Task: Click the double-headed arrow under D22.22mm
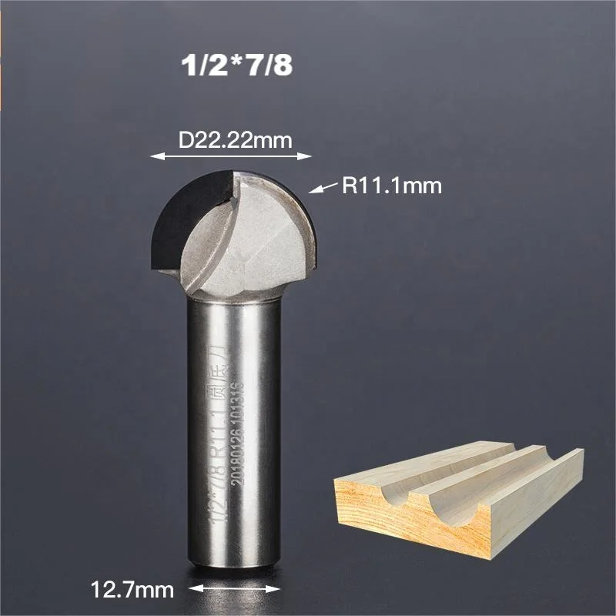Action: coord(230,156)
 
